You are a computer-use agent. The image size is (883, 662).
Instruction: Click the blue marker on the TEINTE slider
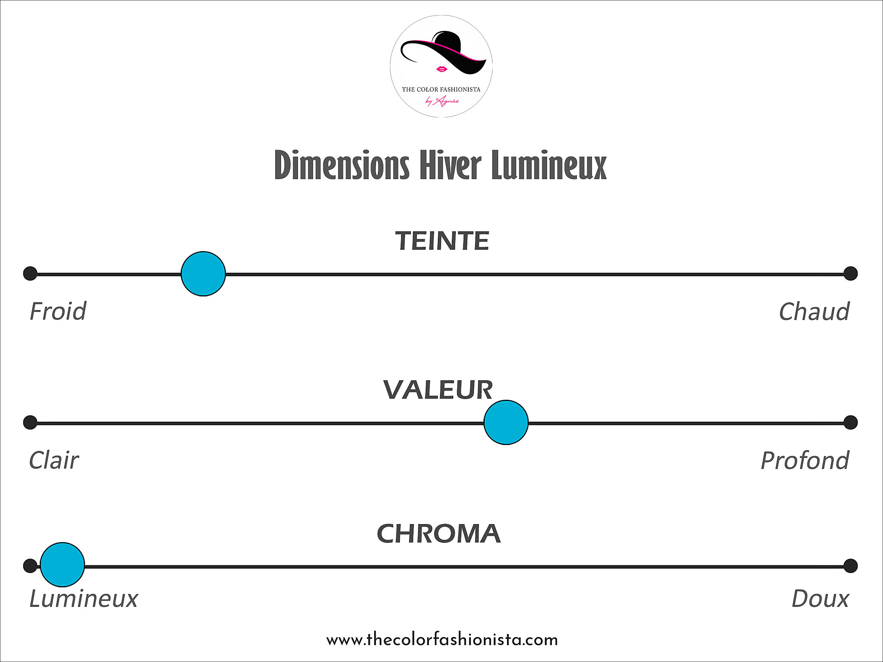coord(203,274)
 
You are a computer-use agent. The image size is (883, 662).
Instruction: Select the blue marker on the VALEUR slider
coord(506,422)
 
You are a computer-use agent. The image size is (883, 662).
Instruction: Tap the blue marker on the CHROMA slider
coord(62,565)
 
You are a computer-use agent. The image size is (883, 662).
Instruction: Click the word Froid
coord(58,311)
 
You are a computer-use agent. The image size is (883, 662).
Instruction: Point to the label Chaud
coord(814,311)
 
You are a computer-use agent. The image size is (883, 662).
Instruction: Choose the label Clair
coord(54,460)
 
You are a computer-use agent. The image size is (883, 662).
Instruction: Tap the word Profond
coord(805,460)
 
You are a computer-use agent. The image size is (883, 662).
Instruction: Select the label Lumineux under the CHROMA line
coord(84,598)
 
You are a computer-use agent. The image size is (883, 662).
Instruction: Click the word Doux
coord(820,598)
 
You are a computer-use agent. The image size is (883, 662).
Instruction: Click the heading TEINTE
coord(442,241)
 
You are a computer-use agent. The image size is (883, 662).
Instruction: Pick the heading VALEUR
coord(438,390)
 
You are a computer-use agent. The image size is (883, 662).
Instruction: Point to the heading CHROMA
coord(439,534)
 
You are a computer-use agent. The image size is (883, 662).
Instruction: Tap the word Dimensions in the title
coord(342,165)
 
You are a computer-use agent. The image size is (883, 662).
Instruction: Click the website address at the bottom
coord(442,640)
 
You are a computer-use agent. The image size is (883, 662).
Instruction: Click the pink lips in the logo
coord(441,69)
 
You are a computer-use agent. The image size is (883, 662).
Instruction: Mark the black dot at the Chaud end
coord(850,274)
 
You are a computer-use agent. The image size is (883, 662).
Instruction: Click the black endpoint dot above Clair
coord(30,422)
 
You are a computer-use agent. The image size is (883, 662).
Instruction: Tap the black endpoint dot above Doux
coord(850,566)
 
